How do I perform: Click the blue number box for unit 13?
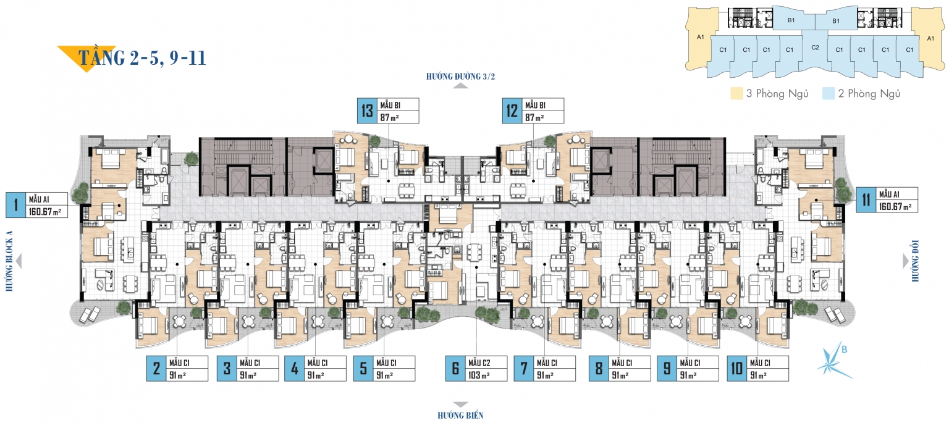coord(367,111)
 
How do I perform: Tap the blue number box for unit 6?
coord(455,369)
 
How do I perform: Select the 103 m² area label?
coord(479,375)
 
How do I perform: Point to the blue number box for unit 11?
coord(866,200)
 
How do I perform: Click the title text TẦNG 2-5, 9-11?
coord(142,57)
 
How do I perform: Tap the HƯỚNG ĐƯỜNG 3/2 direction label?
coord(460,77)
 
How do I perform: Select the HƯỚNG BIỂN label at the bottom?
coord(460,416)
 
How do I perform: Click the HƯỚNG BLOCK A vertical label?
coord(9,261)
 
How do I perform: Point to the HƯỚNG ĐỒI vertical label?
coord(915,261)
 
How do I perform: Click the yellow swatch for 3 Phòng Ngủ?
coord(736,94)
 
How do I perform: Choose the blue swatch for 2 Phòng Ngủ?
coord(829,94)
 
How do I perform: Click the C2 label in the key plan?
coord(815,48)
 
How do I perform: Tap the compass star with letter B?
coord(833,362)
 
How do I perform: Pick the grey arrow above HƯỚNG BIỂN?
coord(460,404)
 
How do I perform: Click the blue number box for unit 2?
coord(156,369)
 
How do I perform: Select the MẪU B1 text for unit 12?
coord(535,105)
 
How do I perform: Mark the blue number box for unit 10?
coord(736,369)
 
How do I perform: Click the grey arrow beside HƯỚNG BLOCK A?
coord(18,261)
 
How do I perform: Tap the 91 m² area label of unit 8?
coord(620,375)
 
